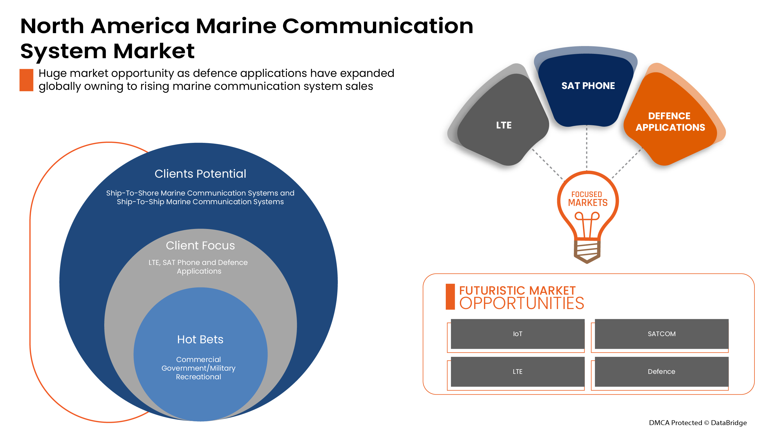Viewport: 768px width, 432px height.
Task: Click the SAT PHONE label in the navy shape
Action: click(588, 86)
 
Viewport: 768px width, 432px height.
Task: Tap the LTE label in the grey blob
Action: click(504, 125)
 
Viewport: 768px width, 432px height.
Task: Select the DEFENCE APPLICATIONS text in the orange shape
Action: click(670, 122)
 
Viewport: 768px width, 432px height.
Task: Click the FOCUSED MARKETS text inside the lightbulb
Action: click(587, 199)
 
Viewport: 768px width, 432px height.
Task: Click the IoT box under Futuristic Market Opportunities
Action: click(517, 334)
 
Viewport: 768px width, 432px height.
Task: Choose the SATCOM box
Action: click(661, 334)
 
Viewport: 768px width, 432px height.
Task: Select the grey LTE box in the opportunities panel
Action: click(517, 372)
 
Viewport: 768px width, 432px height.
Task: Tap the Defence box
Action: click(661, 372)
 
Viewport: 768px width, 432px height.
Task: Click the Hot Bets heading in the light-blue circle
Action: click(200, 339)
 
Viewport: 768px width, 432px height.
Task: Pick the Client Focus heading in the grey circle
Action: click(200, 245)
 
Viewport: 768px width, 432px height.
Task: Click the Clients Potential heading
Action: click(200, 174)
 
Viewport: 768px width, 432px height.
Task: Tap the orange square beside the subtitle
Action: click(26, 80)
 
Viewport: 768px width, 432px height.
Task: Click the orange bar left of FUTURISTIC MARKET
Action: click(450, 297)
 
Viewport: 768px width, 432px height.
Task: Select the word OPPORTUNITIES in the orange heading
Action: click(521, 303)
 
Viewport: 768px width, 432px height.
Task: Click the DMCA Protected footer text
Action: click(697, 422)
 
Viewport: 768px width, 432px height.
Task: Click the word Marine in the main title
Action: click(236, 26)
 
